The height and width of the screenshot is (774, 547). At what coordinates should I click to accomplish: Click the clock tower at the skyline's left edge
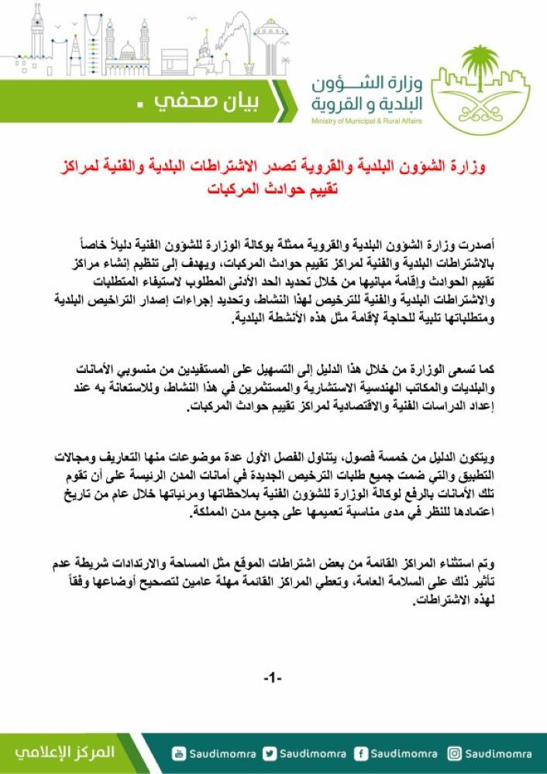pyautogui.click(x=36, y=35)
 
